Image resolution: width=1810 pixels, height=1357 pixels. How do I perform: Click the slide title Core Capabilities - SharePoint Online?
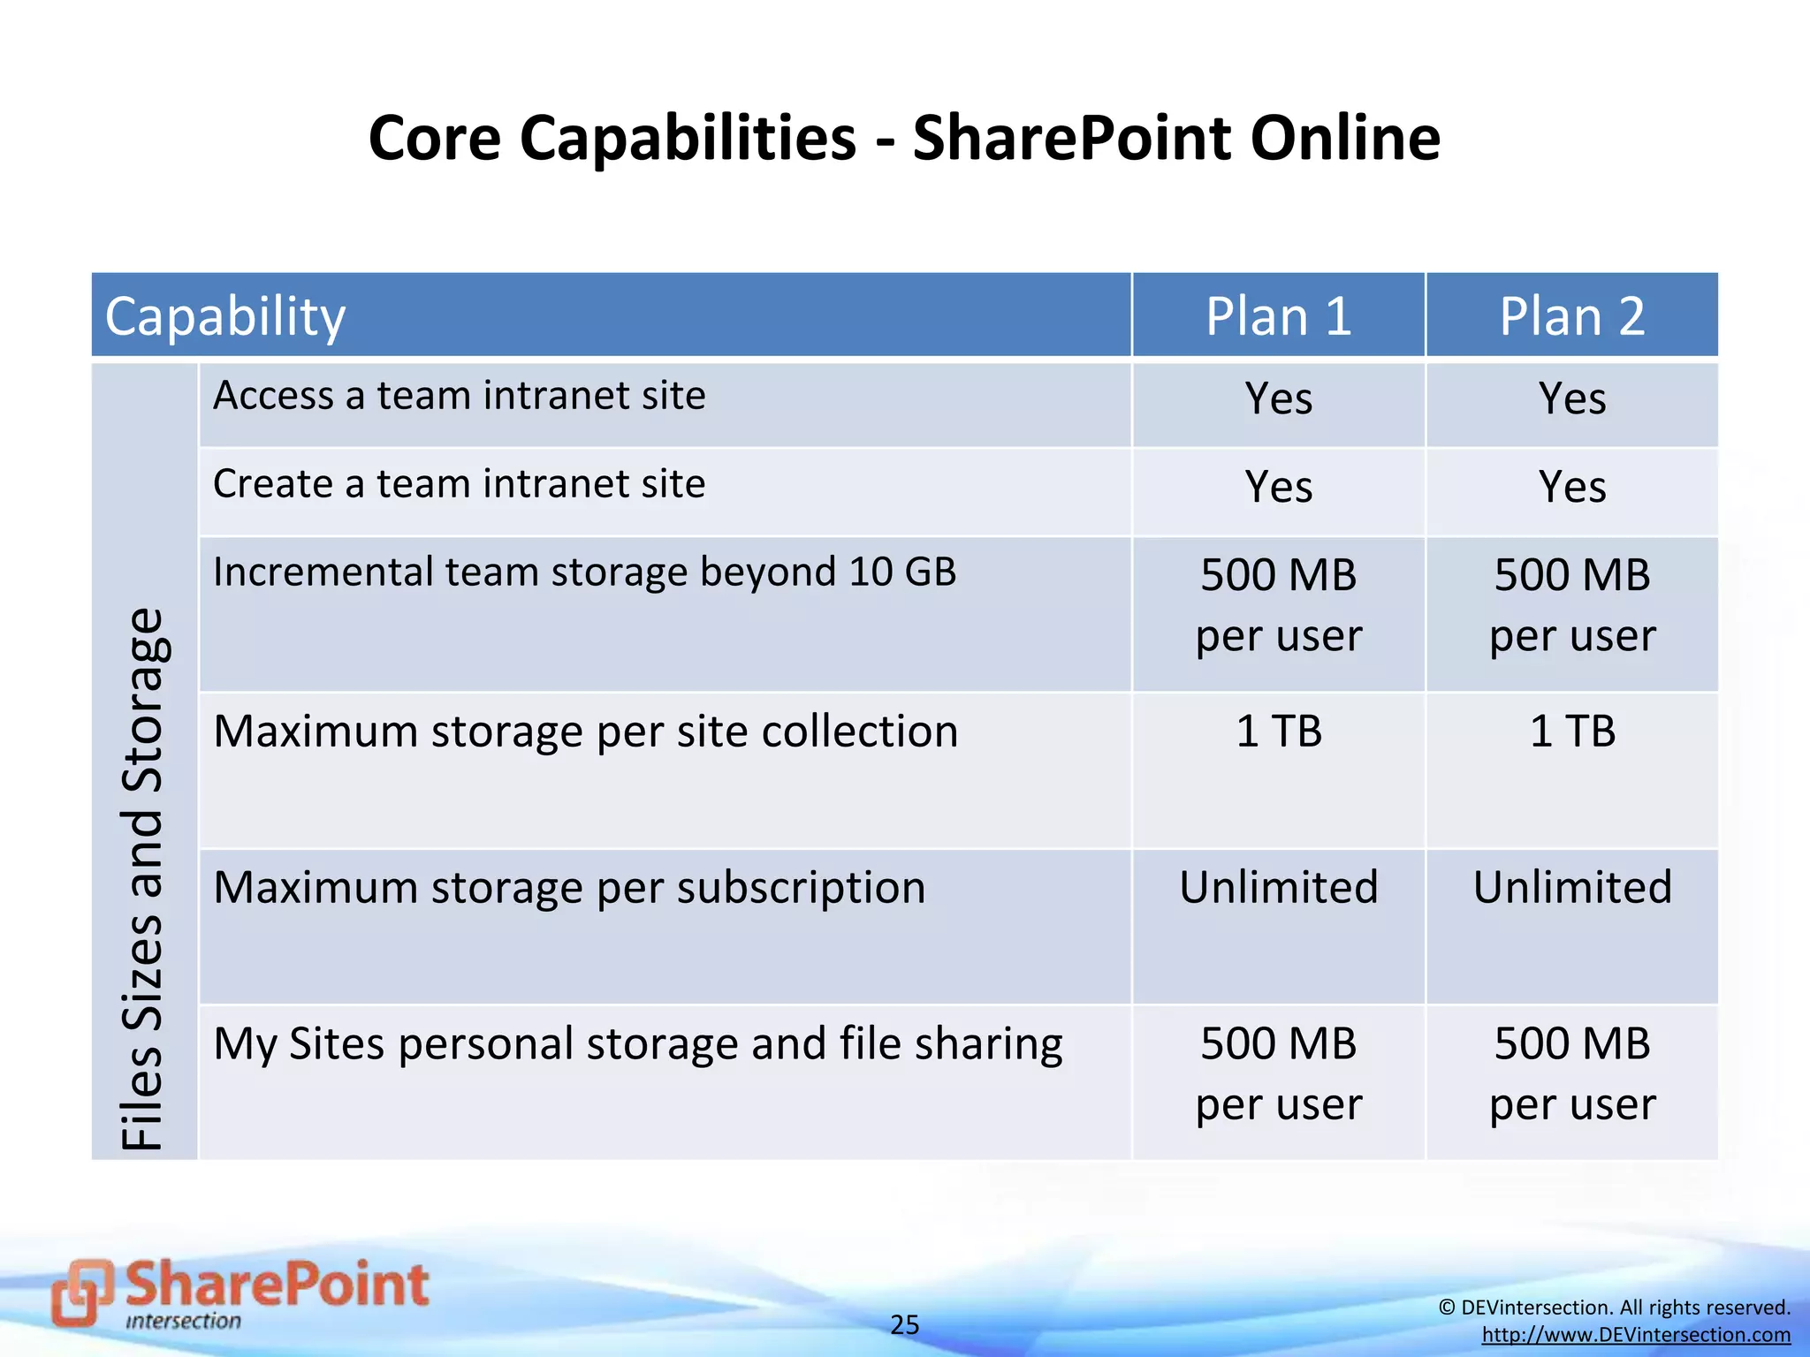[904, 139]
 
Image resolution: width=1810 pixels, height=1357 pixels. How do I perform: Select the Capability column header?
[225, 316]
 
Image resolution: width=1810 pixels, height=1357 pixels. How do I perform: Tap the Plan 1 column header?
[1278, 316]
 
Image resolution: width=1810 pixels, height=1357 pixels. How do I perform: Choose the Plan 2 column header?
[1571, 316]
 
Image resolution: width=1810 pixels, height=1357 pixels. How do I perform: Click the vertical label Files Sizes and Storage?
[143, 879]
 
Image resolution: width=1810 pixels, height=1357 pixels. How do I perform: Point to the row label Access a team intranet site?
[460, 395]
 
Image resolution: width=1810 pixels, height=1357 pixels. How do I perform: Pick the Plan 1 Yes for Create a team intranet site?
[1278, 487]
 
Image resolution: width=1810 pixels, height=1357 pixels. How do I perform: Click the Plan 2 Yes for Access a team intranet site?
[1571, 398]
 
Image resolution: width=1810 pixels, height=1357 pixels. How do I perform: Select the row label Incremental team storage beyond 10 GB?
[584, 572]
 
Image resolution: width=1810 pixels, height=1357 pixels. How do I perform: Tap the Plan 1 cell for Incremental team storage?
[1278, 605]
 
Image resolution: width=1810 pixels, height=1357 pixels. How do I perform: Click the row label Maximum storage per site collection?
[585, 732]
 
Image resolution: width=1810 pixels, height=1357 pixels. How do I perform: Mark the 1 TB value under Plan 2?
[1571, 732]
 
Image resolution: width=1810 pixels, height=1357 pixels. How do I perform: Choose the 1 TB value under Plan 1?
[1278, 732]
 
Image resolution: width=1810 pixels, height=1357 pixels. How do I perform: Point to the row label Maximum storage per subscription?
[569, 888]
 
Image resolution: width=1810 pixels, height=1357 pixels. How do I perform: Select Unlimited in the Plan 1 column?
[1278, 888]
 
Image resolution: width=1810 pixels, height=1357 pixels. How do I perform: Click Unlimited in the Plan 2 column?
[1571, 888]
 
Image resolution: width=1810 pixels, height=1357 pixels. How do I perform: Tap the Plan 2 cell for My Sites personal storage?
[1571, 1073]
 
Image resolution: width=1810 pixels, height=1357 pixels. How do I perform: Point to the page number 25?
[904, 1324]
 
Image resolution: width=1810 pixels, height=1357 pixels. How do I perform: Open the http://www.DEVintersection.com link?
[1636, 1335]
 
